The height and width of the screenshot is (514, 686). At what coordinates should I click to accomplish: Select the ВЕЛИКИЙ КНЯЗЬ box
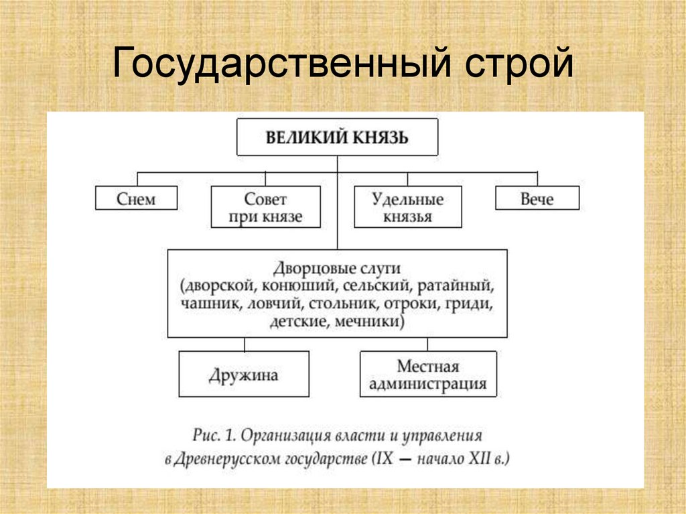[x=337, y=137]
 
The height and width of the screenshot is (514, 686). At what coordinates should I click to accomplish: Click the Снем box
[x=136, y=199]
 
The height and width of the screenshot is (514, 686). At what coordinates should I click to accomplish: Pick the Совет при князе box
[x=265, y=207]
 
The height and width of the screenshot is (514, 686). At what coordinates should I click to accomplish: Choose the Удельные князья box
[x=407, y=207]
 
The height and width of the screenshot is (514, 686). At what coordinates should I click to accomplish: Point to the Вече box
[x=537, y=199]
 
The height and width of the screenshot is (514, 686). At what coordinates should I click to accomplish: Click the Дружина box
[x=243, y=375]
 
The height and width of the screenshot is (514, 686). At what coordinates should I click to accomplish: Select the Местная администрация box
[x=428, y=375]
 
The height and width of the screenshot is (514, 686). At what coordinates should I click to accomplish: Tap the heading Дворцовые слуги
[x=337, y=269]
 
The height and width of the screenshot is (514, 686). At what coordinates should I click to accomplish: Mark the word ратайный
[x=455, y=286]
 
